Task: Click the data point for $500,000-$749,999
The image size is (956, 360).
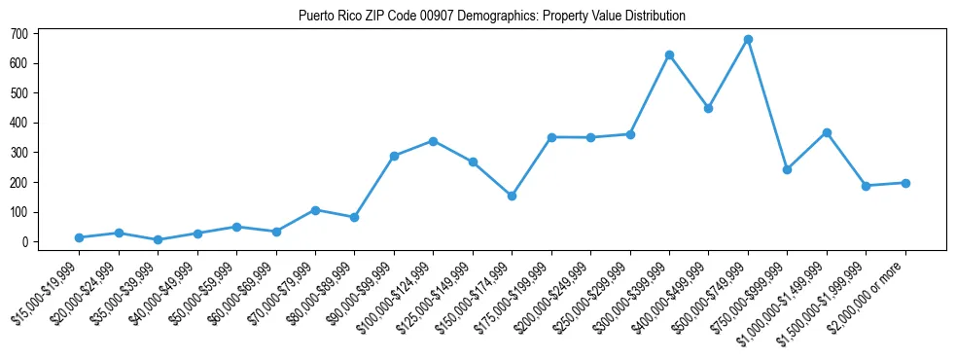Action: tap(748, 40)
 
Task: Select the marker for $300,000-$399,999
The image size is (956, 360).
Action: tap(669, 54)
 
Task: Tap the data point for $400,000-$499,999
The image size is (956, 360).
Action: tap(708, 108)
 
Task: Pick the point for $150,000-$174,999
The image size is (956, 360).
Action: tap(512, 196)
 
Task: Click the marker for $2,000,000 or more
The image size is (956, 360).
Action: tap(905, 183)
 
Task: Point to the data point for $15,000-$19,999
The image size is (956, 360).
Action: tap(79, 237)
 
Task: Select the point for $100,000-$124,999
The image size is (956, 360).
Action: tap(433, 141)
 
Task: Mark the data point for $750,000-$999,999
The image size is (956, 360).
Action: tap(787, 169)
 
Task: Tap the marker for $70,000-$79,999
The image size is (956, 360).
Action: tap(315, 210)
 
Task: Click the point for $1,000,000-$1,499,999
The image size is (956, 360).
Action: tap(827, 132)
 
